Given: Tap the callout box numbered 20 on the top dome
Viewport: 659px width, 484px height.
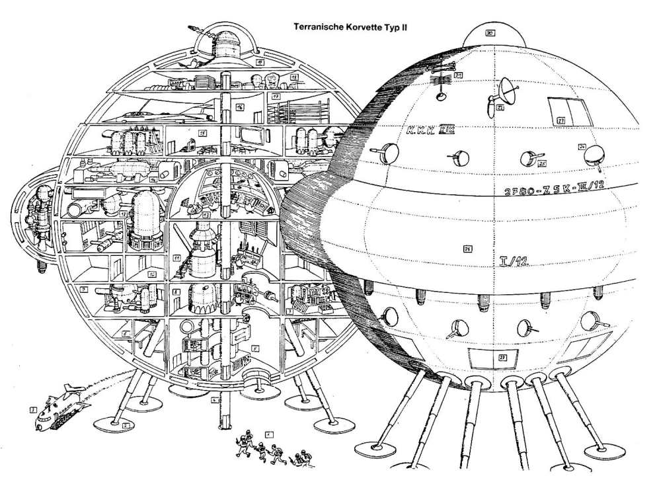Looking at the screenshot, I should [490, 32].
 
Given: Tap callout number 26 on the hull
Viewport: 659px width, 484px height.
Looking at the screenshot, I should [467, 249].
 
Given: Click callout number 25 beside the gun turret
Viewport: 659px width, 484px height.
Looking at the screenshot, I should [542, 162].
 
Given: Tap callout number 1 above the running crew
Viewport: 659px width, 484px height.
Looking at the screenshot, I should [268, 434].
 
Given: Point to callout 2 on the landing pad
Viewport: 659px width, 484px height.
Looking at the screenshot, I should [126, 426].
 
